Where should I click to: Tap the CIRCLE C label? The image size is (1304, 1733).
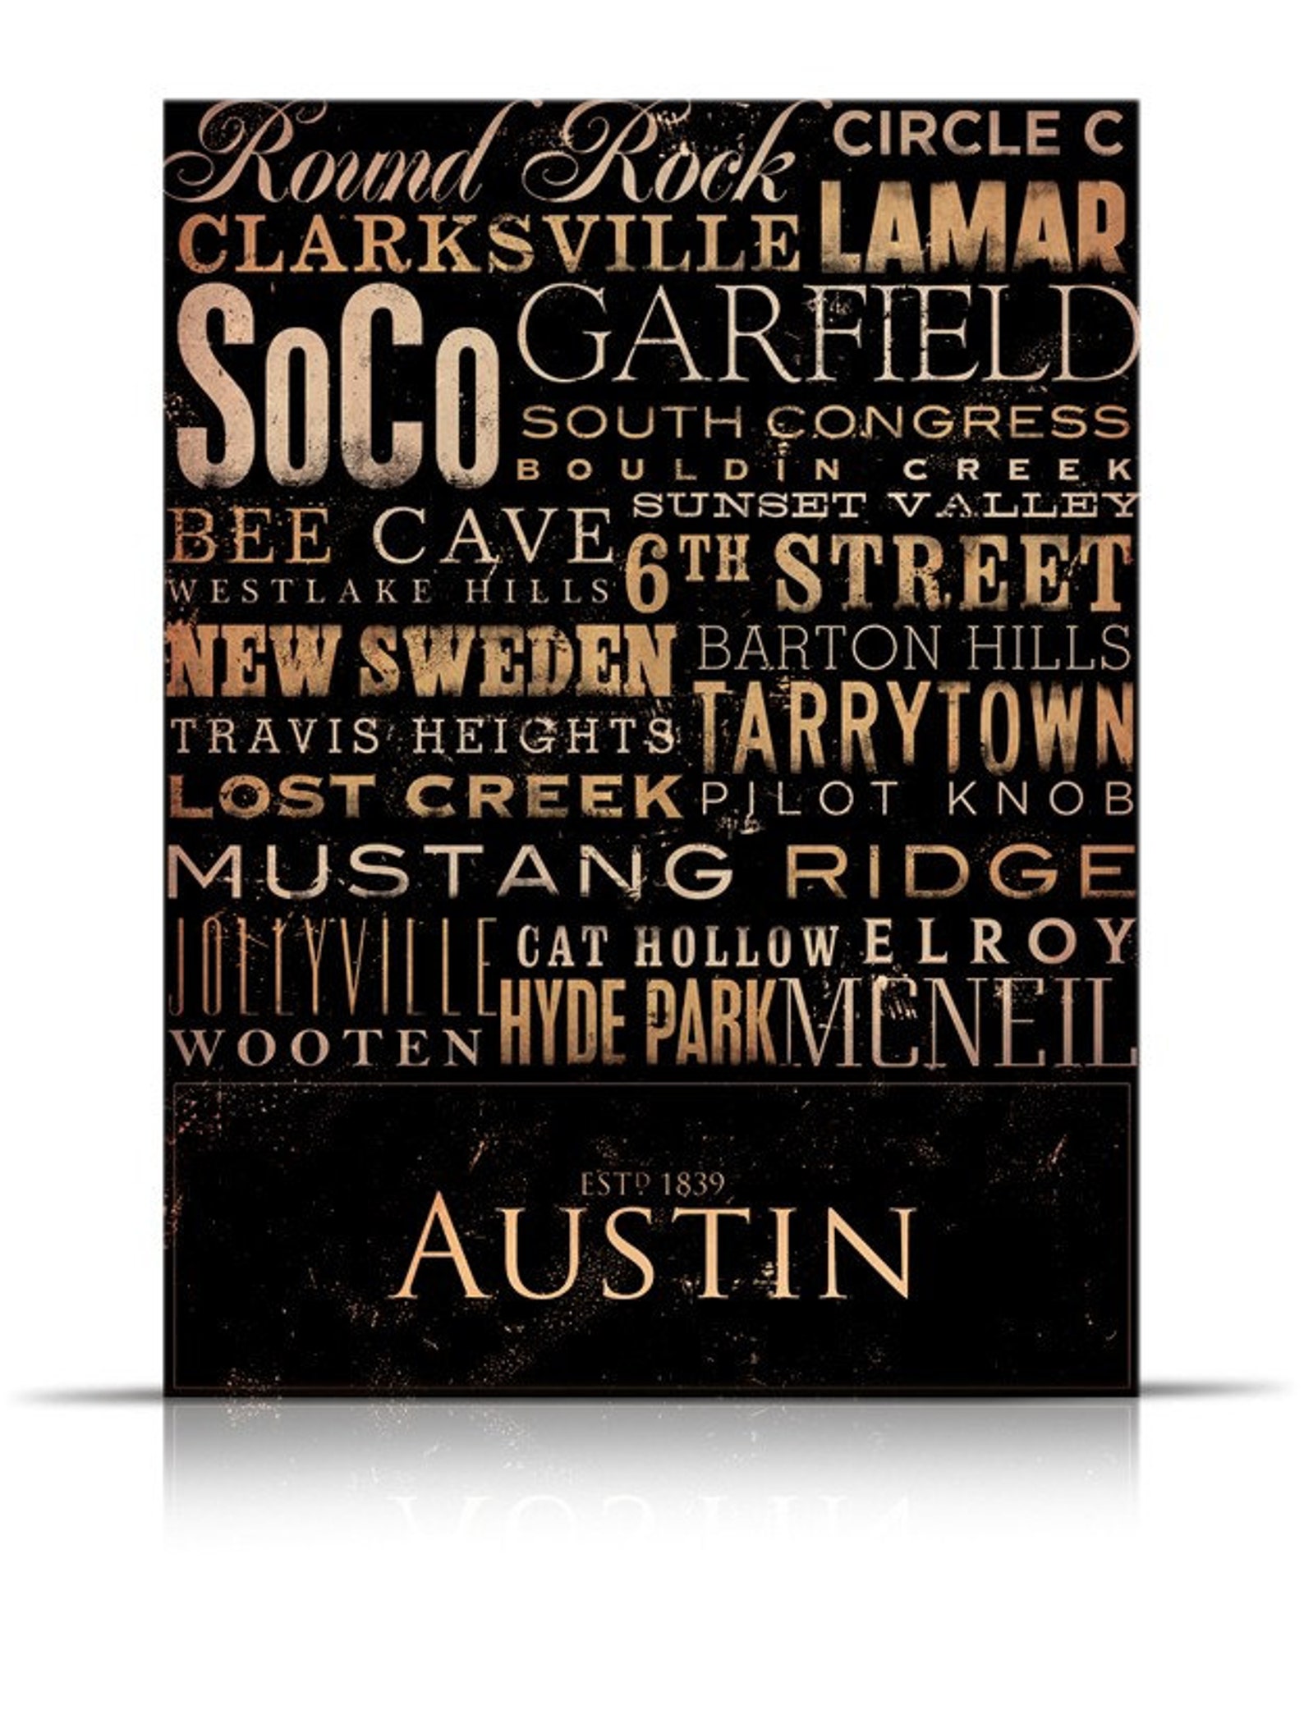[x=977, y=134]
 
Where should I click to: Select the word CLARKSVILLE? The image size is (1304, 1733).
[x=489, y=242]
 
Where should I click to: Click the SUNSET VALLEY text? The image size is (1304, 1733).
[x=885, y=505]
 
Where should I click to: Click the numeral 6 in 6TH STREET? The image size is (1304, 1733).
[x=645, y=579]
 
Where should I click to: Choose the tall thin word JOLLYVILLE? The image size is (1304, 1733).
[x=331, y=969]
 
